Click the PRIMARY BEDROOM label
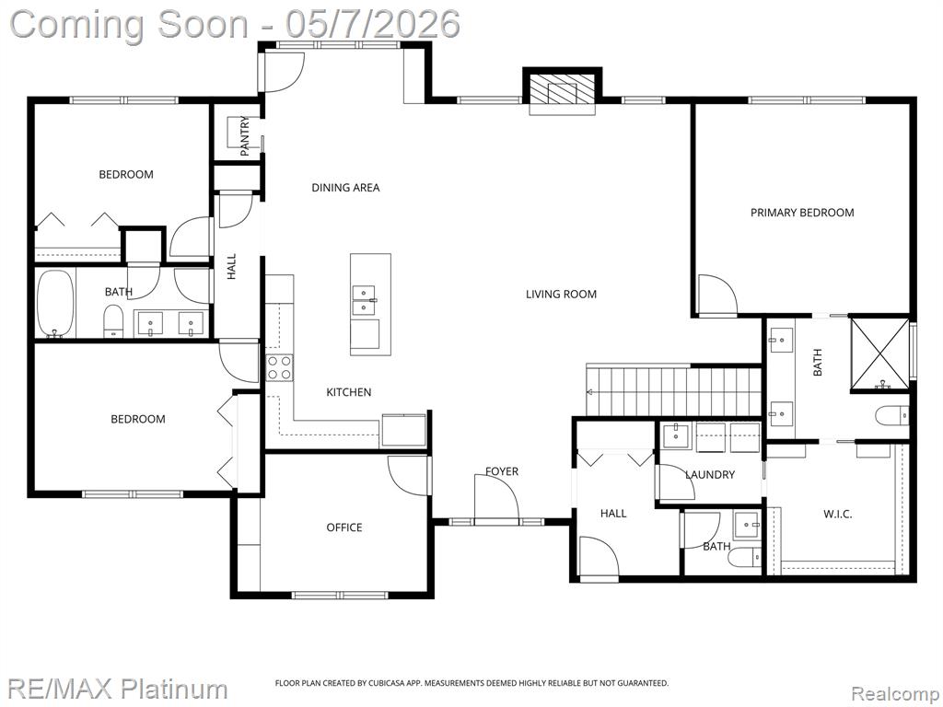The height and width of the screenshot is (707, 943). [x=802, y=213]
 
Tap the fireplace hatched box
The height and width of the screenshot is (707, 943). [x=562, y=91]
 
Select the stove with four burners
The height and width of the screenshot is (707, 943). [x=280, y=368]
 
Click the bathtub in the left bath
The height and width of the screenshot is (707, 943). [x=55, y=304]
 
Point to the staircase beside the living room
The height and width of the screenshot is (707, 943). [x=674, y=389]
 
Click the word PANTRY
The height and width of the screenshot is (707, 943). [x=245, y=136]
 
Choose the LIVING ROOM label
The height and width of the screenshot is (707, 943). [x=561, y=294]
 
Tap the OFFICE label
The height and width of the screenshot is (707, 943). [x=344, y=527]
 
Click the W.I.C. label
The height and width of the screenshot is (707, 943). [x=837, y=514]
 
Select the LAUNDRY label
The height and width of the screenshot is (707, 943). [x=710, y=474]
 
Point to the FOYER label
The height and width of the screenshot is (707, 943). [x=502, y=471]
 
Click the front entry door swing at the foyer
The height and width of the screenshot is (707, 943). [x=496, y=496]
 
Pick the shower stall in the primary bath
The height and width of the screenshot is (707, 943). [x=879, y=353]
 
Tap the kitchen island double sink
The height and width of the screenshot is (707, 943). [x=363, y=300]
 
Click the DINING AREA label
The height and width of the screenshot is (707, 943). [x=345, y=188]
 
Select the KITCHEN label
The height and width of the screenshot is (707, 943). [x=349, y=392]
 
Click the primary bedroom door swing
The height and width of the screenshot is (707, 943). [x=716, y=295]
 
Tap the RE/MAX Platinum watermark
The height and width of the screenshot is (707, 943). [x=119, y=689]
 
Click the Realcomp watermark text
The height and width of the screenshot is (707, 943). [x=894, y=694]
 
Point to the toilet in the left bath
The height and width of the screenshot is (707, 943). [x=113, y=321]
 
